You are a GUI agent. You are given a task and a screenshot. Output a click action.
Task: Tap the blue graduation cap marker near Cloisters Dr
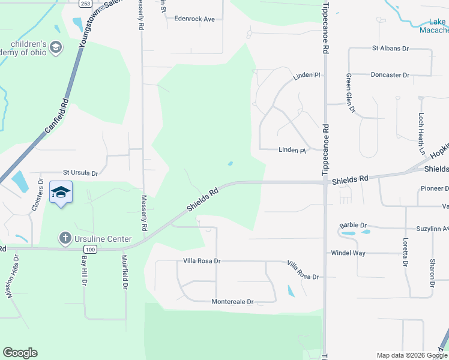pyautogui.click(x=61, y=193)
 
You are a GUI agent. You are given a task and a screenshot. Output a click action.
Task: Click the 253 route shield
pyautogui.click(x=86, y=3)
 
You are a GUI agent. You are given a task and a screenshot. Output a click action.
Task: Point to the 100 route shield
pyautogui.click(x=90, y=248)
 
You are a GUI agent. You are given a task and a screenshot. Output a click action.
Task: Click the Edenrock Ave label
pyautogui.click(x=194, y=19)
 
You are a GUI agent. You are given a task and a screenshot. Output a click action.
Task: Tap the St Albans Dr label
pyautogui.click(x=391, y=47)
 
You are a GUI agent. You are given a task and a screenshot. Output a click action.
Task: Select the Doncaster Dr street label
pyautogui.click(x=390, y=75)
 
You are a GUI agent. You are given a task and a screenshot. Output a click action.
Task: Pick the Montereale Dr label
pyautogui.click(x=232, y=302)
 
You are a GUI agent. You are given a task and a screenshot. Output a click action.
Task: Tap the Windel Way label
pyautogui.click(x=348, y=253)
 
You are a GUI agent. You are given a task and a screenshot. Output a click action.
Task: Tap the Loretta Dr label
pyautogui.click(x=405, y=252)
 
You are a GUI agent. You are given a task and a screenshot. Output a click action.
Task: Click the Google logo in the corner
pyautogui.click(x=20, y=353)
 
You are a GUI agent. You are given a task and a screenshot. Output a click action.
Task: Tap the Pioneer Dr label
pyautogui.click(x=434, y=188)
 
